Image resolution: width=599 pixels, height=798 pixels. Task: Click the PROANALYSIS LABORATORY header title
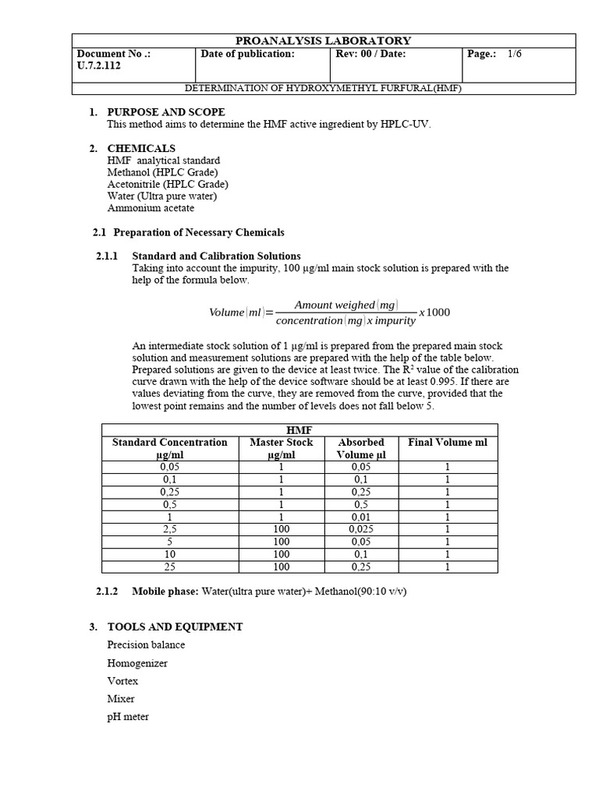point(324,41)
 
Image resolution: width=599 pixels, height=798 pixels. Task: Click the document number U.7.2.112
point(99,66)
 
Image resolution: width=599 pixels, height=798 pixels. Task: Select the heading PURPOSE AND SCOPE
point(166,112)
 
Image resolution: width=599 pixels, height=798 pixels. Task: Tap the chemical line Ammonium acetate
point(151,208)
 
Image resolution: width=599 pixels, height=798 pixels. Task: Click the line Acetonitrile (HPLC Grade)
point(168,184)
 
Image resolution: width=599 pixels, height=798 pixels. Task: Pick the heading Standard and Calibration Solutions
point(216,256)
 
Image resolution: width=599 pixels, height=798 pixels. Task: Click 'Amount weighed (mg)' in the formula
point(346,305)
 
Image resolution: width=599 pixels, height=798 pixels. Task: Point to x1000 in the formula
point(434,312)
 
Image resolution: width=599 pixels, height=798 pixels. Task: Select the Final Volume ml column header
point(448,442)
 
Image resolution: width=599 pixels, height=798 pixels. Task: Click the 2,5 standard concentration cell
point(170,529)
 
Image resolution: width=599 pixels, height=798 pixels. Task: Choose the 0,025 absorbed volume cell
point(361,529)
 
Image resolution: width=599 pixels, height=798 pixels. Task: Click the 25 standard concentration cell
point(170,567)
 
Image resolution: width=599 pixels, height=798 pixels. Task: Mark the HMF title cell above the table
point(299,429)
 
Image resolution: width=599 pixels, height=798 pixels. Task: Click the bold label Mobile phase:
point(165,591)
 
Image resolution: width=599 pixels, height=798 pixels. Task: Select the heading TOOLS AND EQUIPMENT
point(175,627)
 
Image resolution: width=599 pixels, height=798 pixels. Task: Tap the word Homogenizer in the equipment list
point(137,663)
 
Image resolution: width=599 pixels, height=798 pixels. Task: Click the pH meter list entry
point(128,716)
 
